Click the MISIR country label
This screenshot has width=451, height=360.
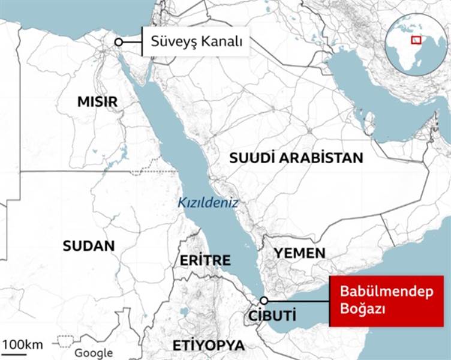tap(97, 101)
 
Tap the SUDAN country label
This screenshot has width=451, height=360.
tap(88, 245)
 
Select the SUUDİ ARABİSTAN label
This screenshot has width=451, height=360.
tap(296, 158)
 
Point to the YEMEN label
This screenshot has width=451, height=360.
tap(300, 253)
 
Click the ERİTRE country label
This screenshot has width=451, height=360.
tap(205, 260)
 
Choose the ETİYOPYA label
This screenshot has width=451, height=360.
tap(208, 346)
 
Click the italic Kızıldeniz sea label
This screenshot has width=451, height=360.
tap(208, 203)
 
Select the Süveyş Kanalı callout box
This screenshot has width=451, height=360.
tap(196, 42)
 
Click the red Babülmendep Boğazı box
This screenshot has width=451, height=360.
tap(373, 302)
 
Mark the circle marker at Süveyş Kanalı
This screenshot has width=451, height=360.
tap(119, 42)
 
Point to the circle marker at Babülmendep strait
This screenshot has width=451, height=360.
tap(263, 301)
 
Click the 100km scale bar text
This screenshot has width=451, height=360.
tap(22, 344)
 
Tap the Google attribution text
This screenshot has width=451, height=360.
tap(94, 353)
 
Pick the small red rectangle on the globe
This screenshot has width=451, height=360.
tap(414, 40)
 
